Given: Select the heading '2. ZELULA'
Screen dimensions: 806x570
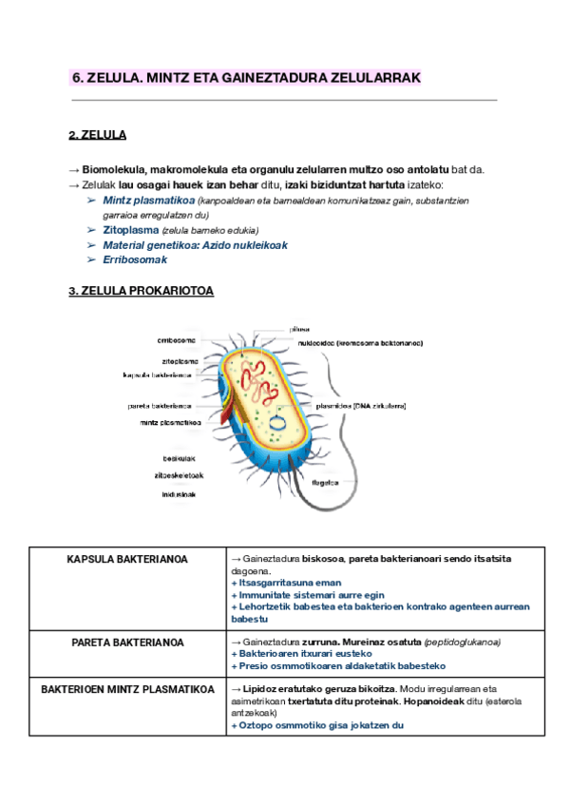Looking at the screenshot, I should coord(98,135).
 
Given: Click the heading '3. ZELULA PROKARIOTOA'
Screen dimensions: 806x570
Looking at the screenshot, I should coord(142,292).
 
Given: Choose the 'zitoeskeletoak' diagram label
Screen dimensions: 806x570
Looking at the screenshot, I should coord(179,476).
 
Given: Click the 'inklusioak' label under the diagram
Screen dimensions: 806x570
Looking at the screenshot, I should coord(180,494).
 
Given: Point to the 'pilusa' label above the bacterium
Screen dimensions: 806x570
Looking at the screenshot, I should coord(299,329).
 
